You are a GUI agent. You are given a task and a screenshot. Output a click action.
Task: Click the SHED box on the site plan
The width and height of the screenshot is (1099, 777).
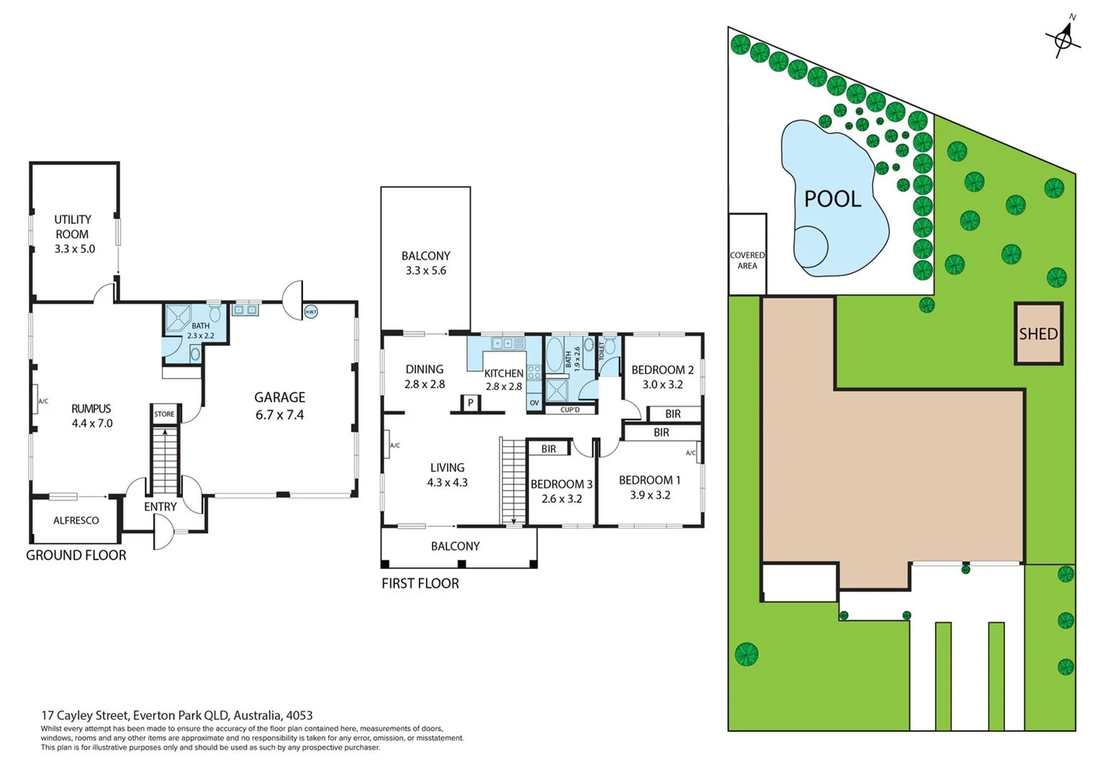point(1038,334)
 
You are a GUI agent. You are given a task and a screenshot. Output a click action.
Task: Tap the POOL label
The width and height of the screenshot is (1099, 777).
point(832,199)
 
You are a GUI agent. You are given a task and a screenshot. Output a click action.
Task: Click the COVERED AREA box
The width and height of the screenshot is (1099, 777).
point(747,260)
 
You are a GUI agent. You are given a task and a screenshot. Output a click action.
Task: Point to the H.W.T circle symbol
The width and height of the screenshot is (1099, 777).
point(310,312)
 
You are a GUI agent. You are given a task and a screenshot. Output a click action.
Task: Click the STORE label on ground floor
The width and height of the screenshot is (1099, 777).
point(164,414)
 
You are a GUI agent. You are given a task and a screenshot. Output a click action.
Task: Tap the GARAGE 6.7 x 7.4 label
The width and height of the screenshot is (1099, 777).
point(279,406)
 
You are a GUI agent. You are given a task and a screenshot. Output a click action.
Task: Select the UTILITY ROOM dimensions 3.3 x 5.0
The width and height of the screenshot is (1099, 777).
point(75,249)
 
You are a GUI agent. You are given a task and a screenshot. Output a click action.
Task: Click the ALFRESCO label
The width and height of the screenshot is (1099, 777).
point(76,520)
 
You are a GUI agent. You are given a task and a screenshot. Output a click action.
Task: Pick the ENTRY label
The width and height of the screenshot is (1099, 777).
point(160,506)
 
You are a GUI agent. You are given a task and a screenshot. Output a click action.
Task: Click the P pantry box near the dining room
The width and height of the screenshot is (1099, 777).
point(470,403)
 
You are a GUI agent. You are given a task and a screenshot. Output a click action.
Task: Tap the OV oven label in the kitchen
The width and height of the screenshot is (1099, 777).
point(534,403)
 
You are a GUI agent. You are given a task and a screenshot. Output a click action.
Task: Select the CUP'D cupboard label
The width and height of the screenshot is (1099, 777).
point(569,409)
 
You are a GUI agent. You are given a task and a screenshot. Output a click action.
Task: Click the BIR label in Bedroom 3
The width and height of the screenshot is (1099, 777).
point(548,449)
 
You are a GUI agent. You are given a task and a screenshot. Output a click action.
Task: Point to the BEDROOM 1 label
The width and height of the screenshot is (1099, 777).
point(649,480)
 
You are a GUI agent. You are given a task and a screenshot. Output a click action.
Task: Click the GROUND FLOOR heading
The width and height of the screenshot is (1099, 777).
point(76,555)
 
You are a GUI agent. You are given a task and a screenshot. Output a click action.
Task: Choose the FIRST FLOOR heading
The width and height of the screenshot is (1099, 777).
point(420,583)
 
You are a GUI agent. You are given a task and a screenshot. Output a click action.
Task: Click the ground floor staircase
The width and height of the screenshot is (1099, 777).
point(165,460)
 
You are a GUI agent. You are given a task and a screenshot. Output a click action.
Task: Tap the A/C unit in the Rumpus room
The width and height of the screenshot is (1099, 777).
point(36,401)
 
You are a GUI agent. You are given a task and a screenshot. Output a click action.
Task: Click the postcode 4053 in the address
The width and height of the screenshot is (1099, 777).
point(299,715)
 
